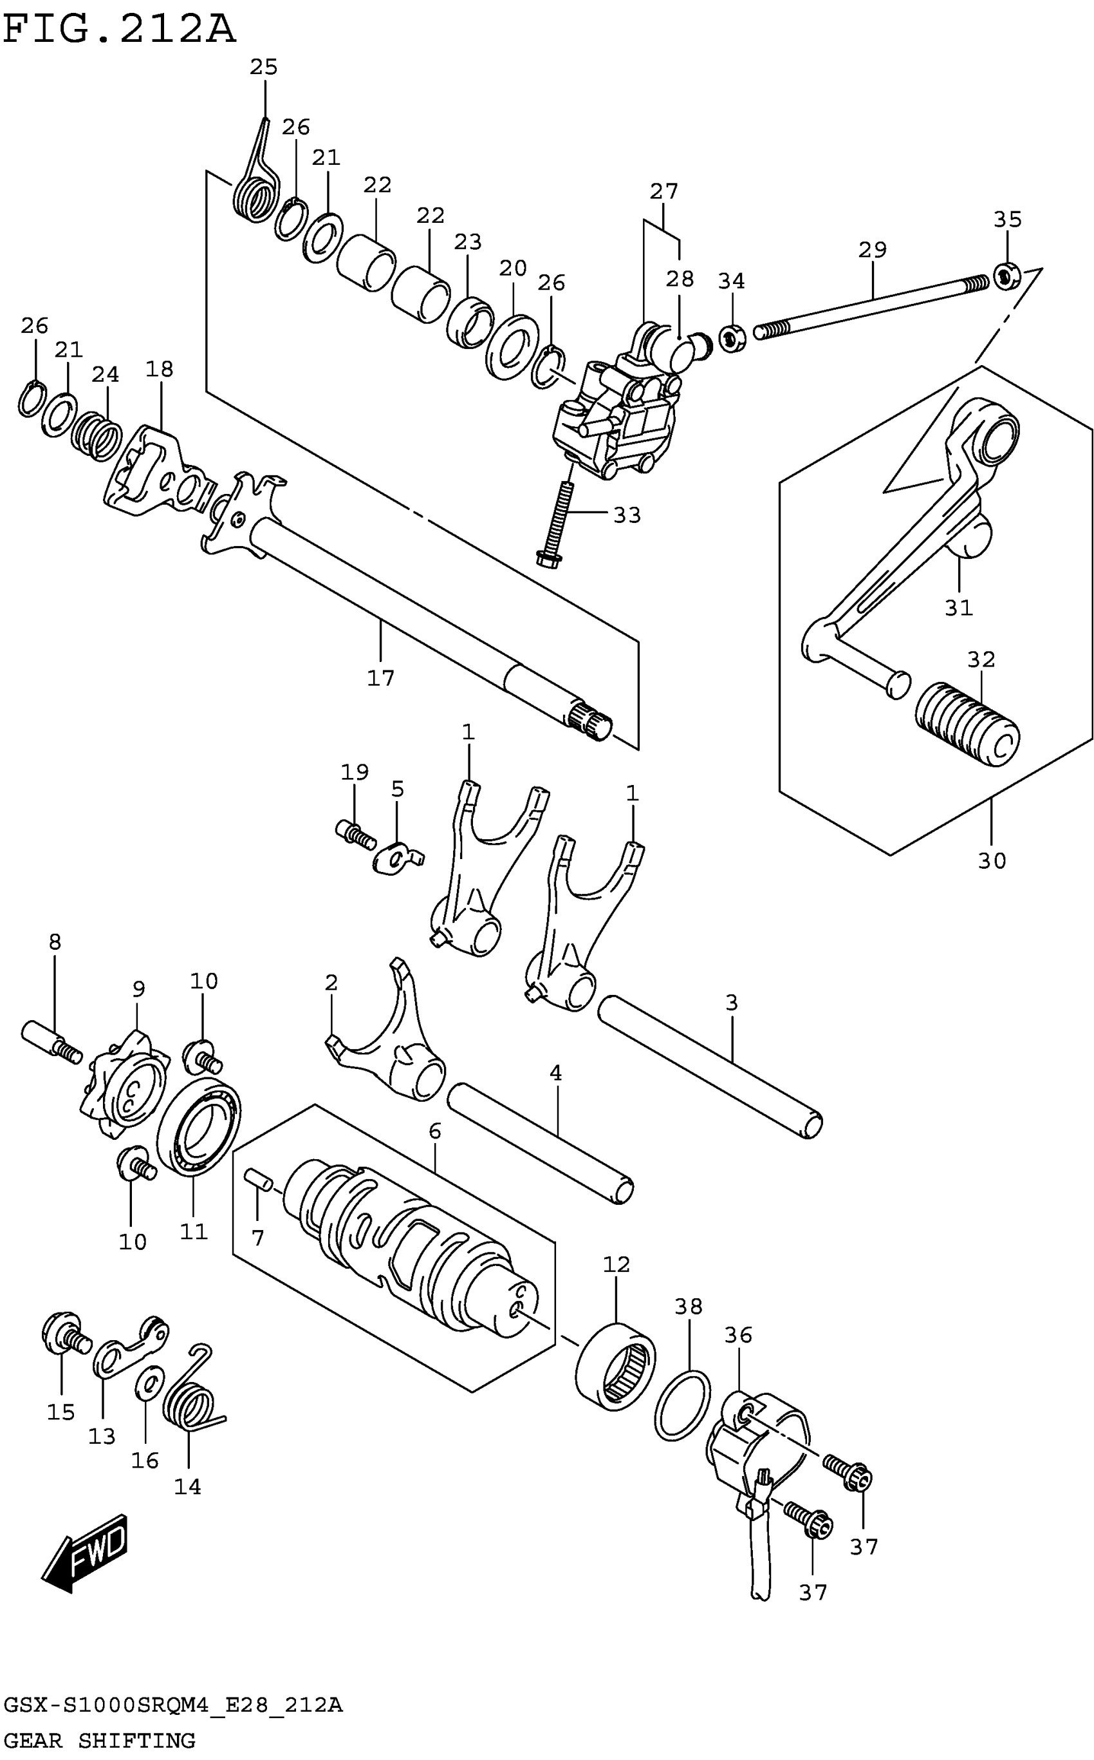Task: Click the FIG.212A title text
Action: point(120,30)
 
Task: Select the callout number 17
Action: point(380,677)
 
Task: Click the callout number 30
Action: point(992,861)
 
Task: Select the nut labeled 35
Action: point(1006,275)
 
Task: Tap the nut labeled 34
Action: point(732,338)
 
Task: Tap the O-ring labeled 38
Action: point(682,1404)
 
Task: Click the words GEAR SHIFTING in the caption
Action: point(100,1746)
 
